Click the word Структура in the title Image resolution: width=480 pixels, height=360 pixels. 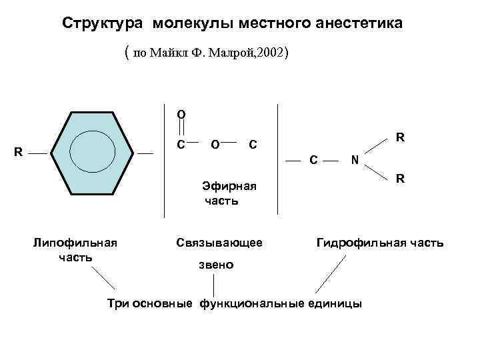[x=103, y=24]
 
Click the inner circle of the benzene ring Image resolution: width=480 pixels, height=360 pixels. [x=95, y=153]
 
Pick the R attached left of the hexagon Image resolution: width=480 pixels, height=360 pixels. [x=19, y=152]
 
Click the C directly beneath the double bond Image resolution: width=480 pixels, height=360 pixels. [x=181, y=143]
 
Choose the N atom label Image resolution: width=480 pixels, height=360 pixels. [x=355, y=160]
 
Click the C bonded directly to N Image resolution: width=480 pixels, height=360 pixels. [x=313, y=160]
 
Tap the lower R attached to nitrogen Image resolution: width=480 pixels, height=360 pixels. [x=400, y=179]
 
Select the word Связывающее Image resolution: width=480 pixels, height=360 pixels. [x=219, y=243]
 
